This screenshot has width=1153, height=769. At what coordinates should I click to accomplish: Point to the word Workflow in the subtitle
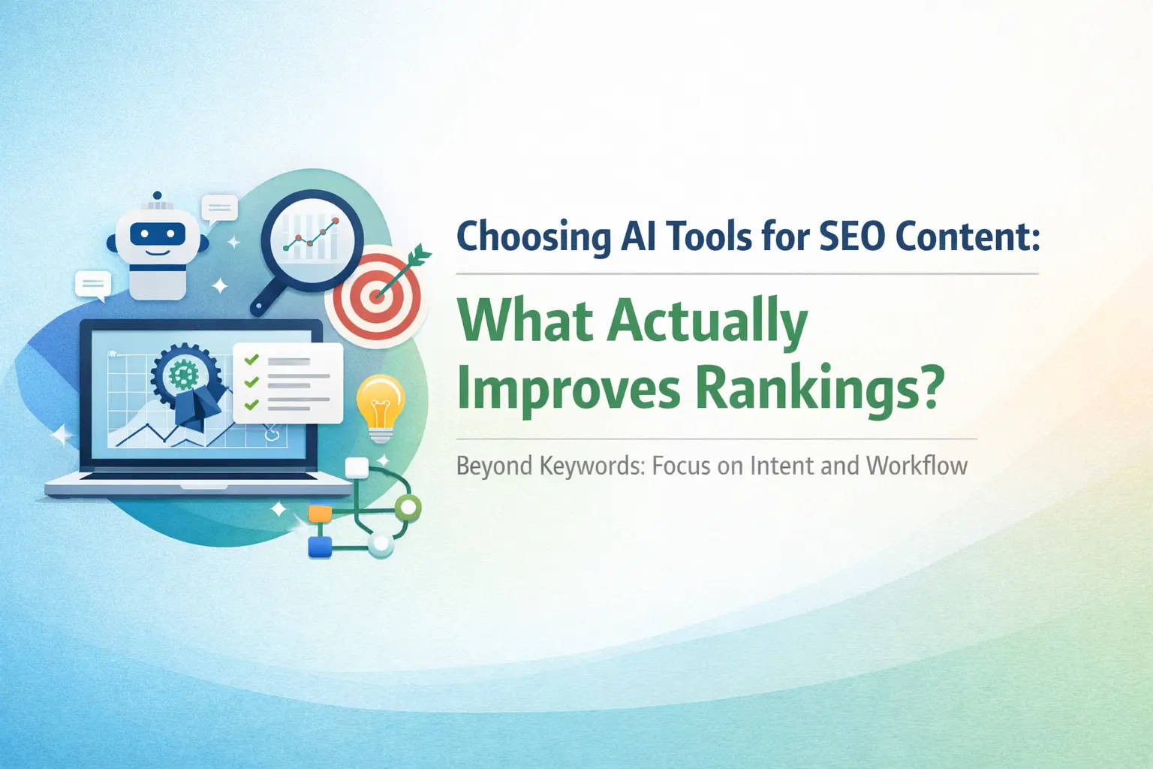tap(917, 466)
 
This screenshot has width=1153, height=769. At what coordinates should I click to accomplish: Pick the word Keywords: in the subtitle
tap(592, 466)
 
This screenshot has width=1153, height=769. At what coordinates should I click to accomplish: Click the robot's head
tap(158, 237)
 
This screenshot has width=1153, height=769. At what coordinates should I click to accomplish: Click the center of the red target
tap(377, 297)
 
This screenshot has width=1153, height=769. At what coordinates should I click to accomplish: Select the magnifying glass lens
tap(312, 240)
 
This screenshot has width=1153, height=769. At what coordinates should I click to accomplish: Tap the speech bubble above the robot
tap(219, 210)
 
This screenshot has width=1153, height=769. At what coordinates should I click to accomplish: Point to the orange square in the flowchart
tap(320, 513)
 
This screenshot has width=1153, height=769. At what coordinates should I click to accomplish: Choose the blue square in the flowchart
tap(320, 547)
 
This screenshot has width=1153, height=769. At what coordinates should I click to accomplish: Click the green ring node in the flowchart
tap(408, 508)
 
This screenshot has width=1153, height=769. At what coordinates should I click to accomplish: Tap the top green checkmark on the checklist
tap(251, 359)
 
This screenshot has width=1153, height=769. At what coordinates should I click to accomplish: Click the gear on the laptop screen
tap(183, 374)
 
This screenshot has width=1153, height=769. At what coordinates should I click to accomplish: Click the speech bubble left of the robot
tap(93, 285)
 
